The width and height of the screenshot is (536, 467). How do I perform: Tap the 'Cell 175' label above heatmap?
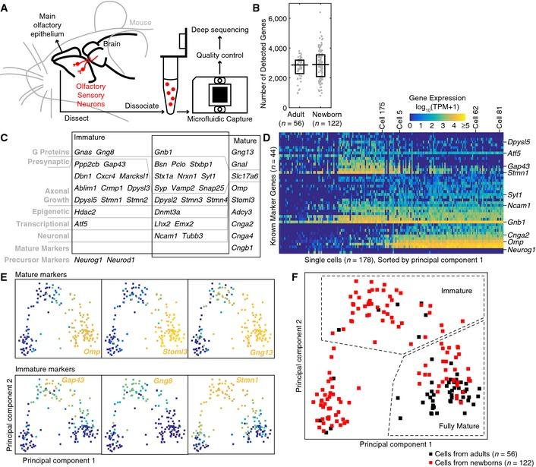380,112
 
